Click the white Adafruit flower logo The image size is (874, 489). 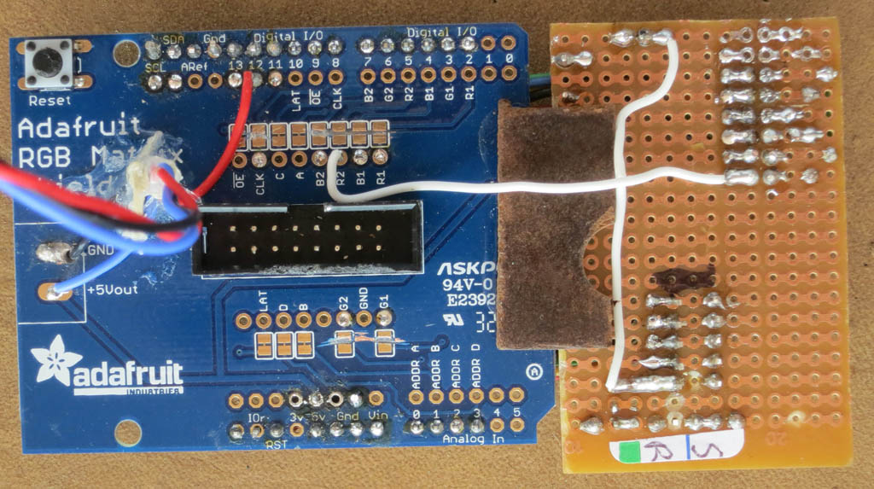point(50,365)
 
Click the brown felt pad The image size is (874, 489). point(546,226)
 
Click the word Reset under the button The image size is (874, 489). point(44,100)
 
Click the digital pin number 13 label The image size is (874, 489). point(236,64)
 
